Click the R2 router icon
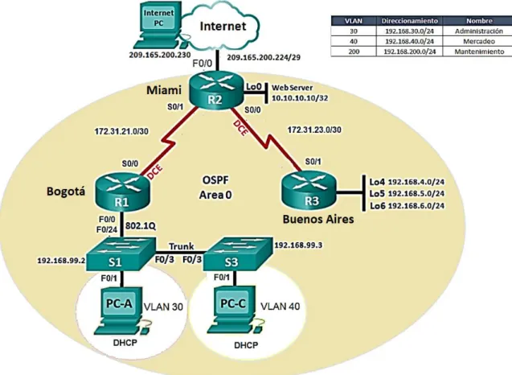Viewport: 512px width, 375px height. [x=216, y=89]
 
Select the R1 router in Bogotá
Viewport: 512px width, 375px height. [x=122, y=192]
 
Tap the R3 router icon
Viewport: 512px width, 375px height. [x=309, y=190]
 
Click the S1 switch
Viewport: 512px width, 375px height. [x=121, y=254]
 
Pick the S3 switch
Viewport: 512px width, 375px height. [x=238, y=254]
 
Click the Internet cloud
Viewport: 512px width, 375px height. [x=222, y=27]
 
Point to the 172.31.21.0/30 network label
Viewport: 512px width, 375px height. [x=121, y=131]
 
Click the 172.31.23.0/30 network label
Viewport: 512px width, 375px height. [x=314, y=130]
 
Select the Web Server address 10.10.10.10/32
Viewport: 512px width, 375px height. [x=300, y=97]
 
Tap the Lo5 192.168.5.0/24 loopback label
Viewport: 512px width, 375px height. [x=407, y=194]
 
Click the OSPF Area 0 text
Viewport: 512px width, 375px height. [x=215, y=187]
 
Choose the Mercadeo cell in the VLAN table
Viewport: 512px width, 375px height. [x=479, y=42]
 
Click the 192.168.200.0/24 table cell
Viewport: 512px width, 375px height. [x=409, y=52]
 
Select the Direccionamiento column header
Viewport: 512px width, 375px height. [x=409, y=21]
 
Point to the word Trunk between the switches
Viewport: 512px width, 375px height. [x=181, y=246]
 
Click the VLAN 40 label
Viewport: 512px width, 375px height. [x=281, y=307]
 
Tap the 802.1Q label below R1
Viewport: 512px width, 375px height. [x=141, y=225]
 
